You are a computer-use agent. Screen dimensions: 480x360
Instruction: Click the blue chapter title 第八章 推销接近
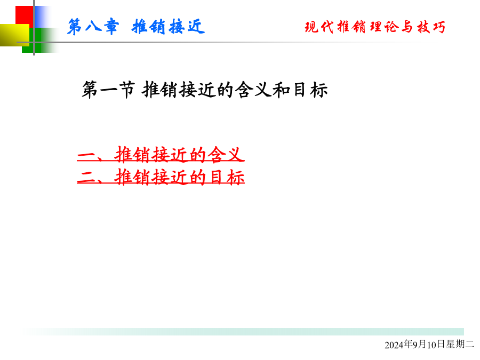[x=136, y=27]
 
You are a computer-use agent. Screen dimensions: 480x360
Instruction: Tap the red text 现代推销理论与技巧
[x=375, y=27]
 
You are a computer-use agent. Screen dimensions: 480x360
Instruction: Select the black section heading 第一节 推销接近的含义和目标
[x=205, y=90]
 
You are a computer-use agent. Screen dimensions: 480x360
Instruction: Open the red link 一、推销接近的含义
[x=161, y=154]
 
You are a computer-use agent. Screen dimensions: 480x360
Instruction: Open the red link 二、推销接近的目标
[x=161, y=177]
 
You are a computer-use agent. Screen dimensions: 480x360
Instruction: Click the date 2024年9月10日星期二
[x=429, y=345]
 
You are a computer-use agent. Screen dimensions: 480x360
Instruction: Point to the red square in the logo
[x=25, y=15]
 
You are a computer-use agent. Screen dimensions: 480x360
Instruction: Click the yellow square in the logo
[x=14, y=35]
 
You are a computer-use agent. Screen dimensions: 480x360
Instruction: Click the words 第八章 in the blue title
[x=93, y=27]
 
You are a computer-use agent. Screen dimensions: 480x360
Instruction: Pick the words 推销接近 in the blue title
[x=168, y=27]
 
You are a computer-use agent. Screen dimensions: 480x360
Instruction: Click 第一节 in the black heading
[x=108, y=90]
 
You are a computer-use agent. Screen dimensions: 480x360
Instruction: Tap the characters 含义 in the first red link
[x=226, y=154]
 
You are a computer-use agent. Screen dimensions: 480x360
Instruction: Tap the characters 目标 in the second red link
[x=227, y=177]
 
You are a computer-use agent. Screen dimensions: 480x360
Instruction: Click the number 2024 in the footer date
[x=394, y=345]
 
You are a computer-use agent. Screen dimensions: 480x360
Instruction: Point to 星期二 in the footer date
[x=460, y=345]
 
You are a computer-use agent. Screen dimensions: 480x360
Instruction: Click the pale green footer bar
[x=243, y=332]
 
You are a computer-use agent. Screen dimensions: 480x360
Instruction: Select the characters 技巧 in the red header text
[x=431, y=27]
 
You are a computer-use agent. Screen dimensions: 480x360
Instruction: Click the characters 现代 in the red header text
[x=319, y=27]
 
